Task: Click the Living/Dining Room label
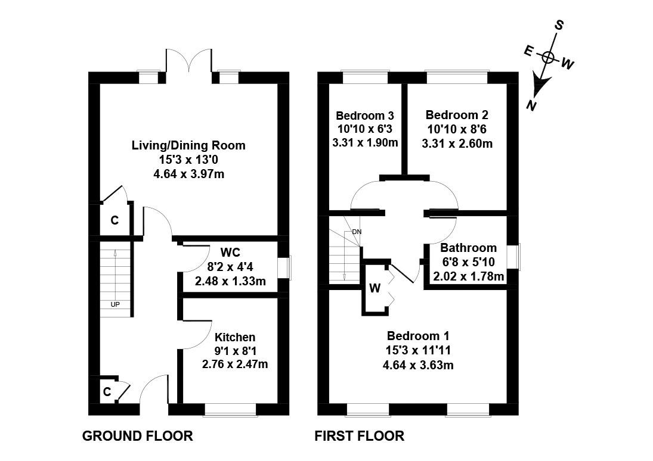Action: [188, 145]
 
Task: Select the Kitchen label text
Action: [235, 337]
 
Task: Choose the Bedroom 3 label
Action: [365, 116]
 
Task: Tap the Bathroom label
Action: [468, 248]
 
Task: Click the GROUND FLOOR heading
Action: [137, 436]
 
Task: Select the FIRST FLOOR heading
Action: [359, 436]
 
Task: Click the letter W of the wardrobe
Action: [375, 289]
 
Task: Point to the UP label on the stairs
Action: [115, 304]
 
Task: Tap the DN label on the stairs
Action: [357, 232]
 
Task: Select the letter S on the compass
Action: [559, 25]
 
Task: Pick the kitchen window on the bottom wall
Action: [230, 409]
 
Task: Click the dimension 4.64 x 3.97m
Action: [188, 174]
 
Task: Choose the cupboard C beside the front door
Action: [107, 392]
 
